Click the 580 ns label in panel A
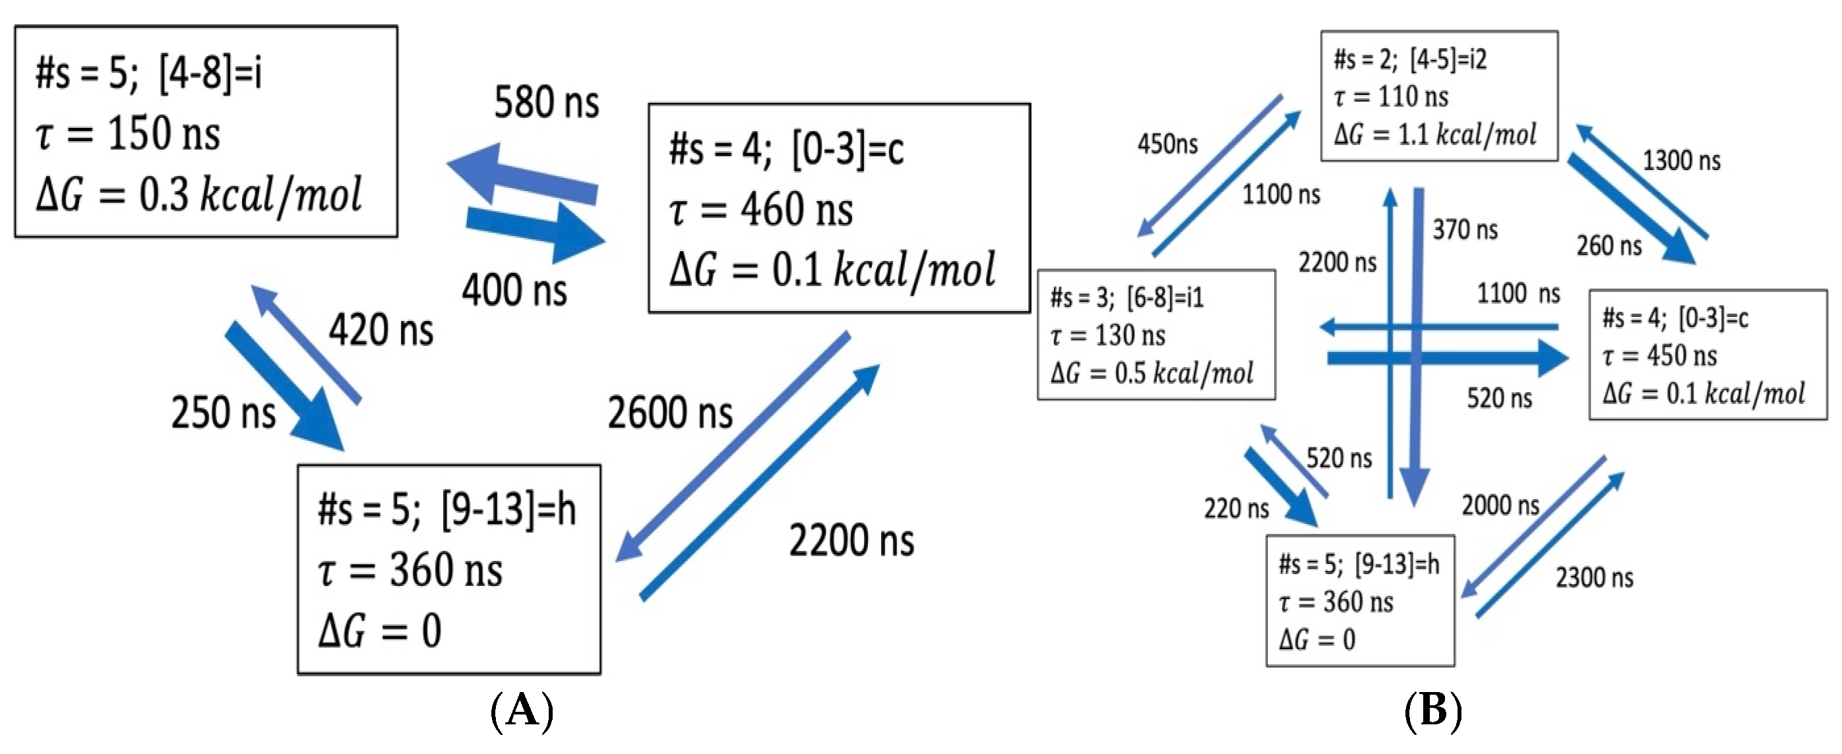546,102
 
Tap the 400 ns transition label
514,291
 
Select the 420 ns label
381,330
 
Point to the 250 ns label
223,413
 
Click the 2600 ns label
670,413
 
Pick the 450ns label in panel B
1167,144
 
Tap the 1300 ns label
1681,161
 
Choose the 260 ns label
1609,246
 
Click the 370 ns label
1465,230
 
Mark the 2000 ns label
1500,506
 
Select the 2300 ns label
1595,577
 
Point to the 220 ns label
1237,509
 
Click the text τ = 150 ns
128,134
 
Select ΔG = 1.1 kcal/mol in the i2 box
1434,134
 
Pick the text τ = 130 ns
1107,335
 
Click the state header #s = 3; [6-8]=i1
1127,297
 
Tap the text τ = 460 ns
761,210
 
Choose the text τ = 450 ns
1659,355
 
